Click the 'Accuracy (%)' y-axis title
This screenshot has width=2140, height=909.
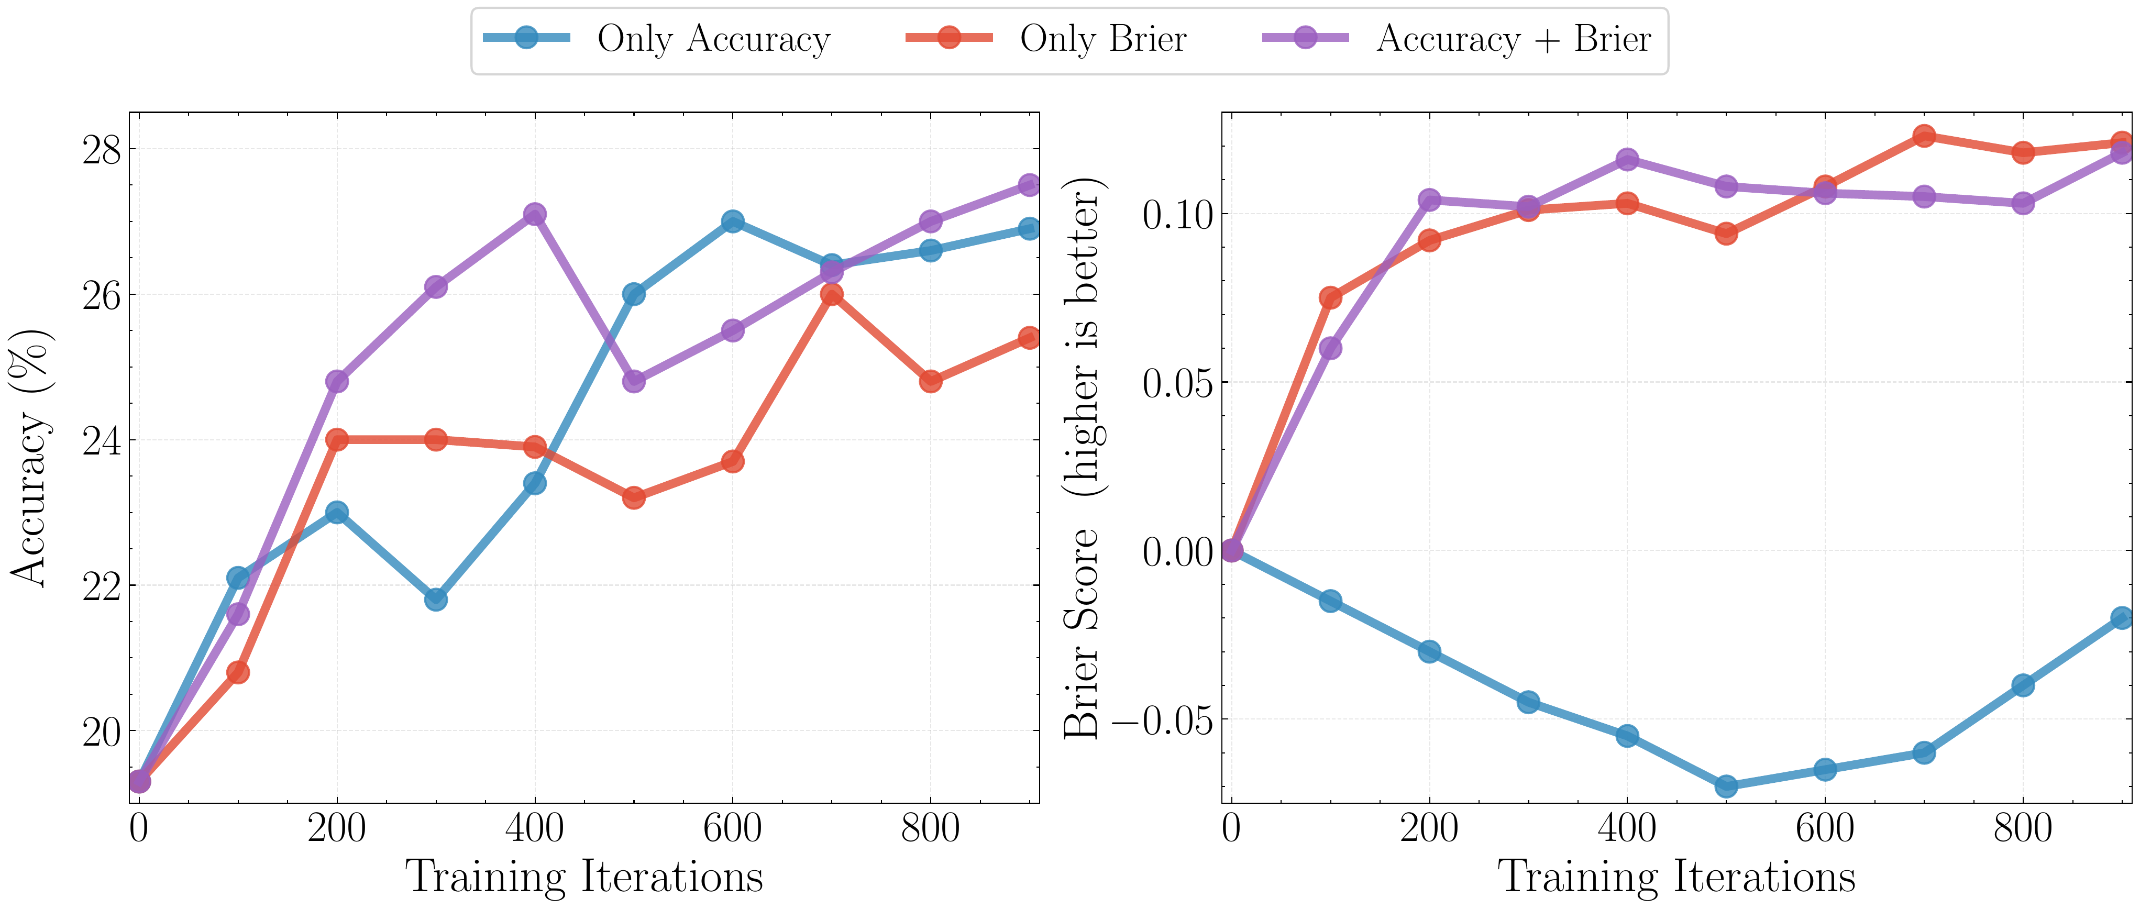click(x=31, y=458)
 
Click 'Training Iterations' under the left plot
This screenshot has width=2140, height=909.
click(x=584, y=877)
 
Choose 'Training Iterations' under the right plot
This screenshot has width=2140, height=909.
click(x=1676, y=877)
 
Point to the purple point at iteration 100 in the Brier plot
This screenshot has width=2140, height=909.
click(x=1330, y=347)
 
